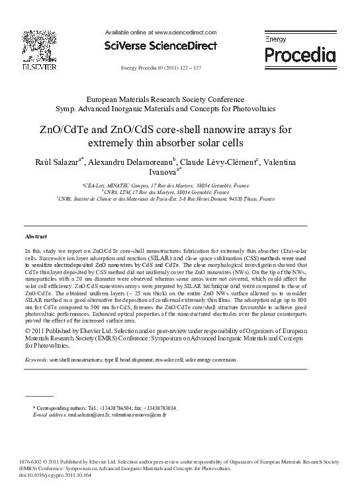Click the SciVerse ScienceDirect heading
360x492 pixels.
(160, 46)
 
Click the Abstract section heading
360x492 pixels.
(36, 236)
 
